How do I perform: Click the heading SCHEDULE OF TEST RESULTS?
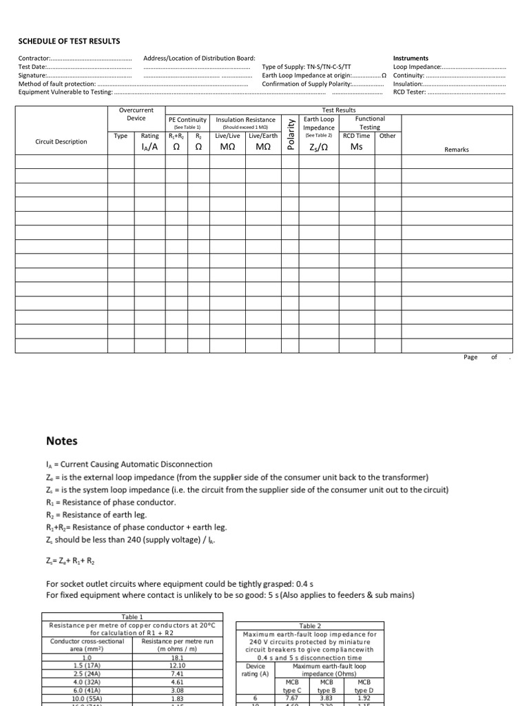pos(69,41)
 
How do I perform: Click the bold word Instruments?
pos(411,59)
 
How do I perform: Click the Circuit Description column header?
pos(61,142)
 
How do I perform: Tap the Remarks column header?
pos(456,150)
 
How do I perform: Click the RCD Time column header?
pos(357,136)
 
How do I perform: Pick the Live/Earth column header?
pos(263,136)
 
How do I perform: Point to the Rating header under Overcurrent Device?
pos(149,136)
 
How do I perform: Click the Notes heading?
pos(61,441)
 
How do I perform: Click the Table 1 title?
pos(132,617)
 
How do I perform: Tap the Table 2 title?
pos(310,626)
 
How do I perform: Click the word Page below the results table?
pos(470,357)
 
